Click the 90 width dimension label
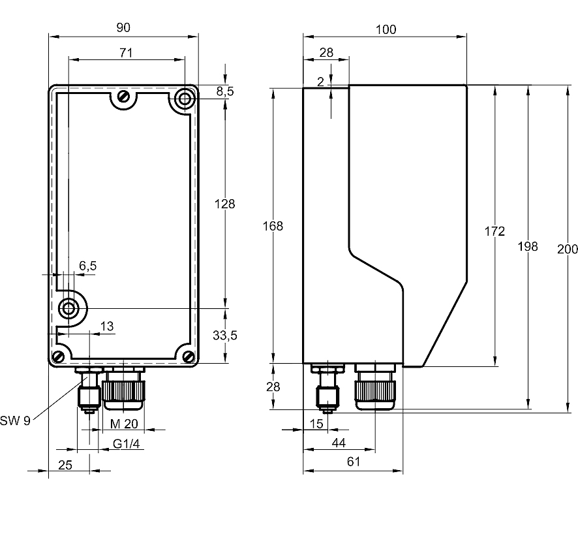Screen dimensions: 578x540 [123, 27]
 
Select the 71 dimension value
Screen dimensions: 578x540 [126, 53]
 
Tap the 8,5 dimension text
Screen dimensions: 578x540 [225, 91]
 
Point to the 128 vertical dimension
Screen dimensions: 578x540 [225, 204]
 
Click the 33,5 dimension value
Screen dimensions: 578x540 [225, 335]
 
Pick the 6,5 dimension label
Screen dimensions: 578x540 [87, 266]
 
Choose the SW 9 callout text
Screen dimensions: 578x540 [15, 421]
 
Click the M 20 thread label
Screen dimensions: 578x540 [124, 424]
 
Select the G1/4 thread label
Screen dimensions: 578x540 [127, 444]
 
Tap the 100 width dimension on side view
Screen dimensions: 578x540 [386, 29]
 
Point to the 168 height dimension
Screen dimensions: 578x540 [273, 226]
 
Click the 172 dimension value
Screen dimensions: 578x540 [494, 231]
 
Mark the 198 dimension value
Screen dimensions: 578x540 [528, 246]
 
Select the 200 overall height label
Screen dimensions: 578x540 [568, 249]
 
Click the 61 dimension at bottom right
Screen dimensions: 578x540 [354, 462]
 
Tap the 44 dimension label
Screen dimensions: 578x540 [339, 443]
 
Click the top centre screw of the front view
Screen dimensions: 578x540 [123, 97]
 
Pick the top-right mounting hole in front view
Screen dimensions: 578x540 [184, 99]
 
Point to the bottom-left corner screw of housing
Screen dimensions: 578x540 [59, 357]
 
